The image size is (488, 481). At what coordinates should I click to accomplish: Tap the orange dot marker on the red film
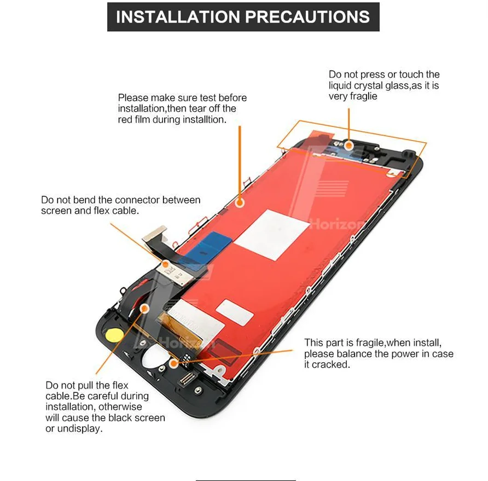point(239,202)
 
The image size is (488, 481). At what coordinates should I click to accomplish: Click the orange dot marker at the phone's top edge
point(348,145)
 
